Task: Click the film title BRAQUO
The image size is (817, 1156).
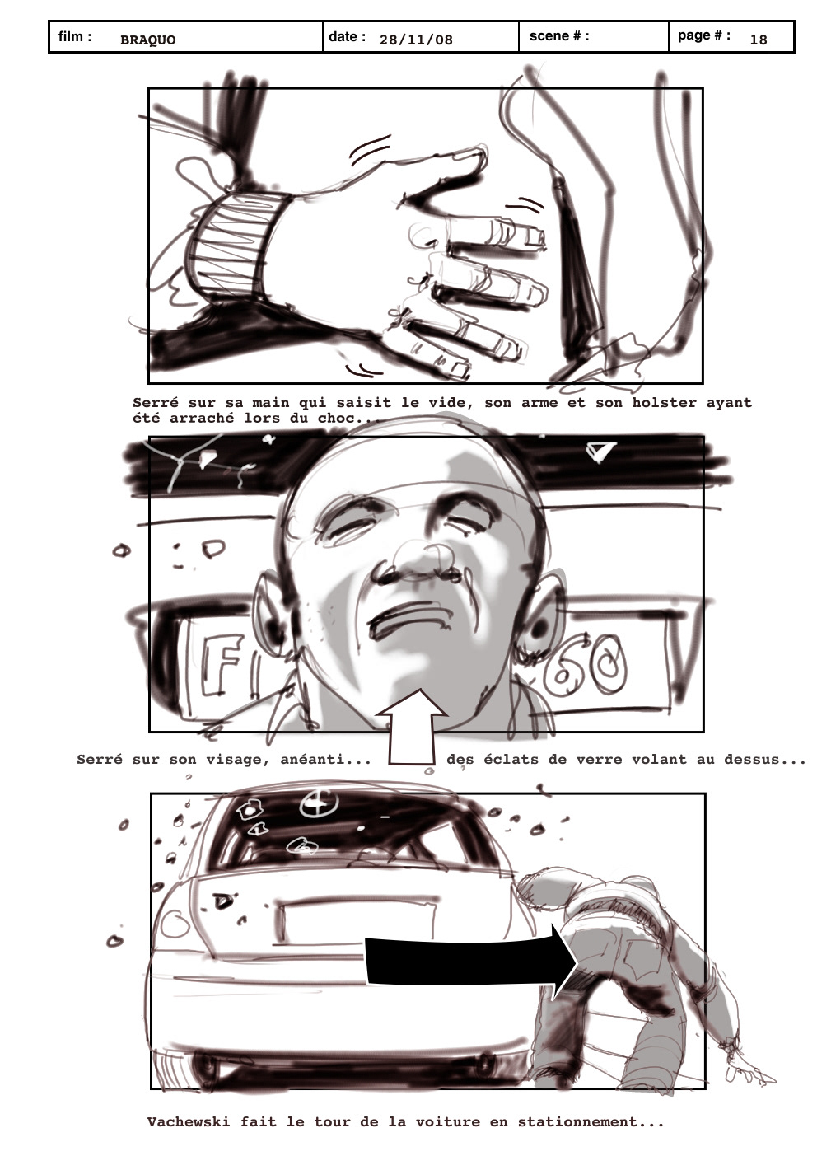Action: (147, 40)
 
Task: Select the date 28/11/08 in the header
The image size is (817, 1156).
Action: (416, 40)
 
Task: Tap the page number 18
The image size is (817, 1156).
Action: (759, 40)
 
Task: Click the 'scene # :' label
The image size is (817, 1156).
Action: (559, 36)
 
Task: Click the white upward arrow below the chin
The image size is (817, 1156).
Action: (411, 727)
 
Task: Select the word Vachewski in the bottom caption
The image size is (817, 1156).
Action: (189, 1122)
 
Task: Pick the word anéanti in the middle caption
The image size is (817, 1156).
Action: (325, 761)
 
